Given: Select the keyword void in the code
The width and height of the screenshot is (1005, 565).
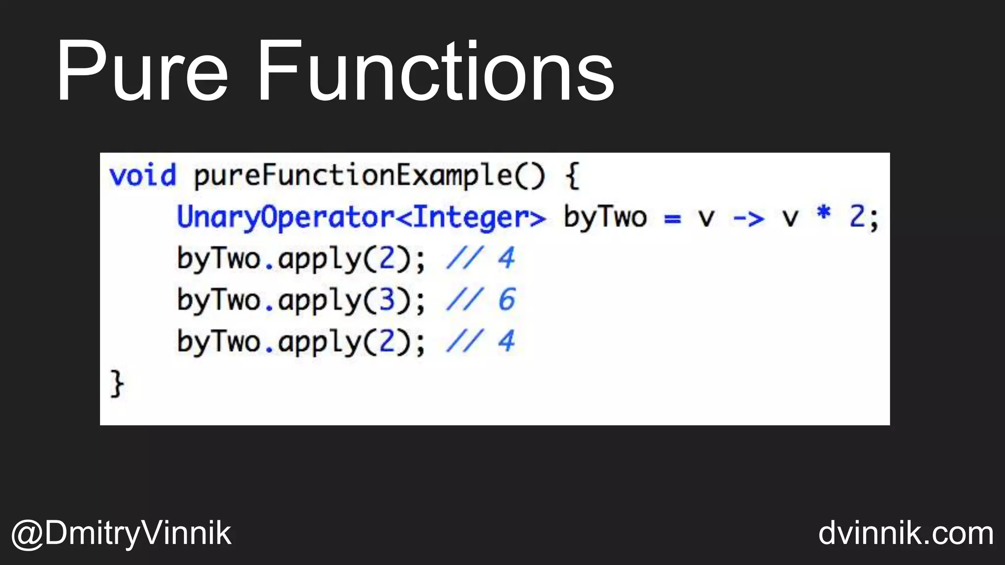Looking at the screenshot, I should pos(142,176).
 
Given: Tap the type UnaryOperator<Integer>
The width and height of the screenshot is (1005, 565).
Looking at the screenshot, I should pos(361,217).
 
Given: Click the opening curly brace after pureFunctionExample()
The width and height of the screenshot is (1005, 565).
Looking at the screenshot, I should pos(573,176).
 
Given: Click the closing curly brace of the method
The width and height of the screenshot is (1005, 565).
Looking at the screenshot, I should pos(117,384).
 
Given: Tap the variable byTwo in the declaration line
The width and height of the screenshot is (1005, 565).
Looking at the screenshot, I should pos(605,217).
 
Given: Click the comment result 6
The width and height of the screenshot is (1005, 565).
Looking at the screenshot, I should pos(506,300).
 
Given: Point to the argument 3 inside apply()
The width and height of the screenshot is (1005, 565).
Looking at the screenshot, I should pos(387,300).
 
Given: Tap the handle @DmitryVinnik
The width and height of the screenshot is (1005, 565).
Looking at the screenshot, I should pos(121,534).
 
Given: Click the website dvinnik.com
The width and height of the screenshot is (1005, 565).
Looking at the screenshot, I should pos(906,534).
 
